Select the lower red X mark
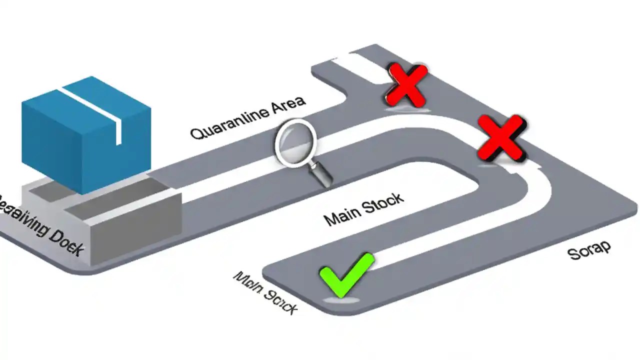(501, 137)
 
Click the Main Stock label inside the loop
(363, 209)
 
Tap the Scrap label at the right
(589, 249)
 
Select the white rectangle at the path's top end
(352, 63)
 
